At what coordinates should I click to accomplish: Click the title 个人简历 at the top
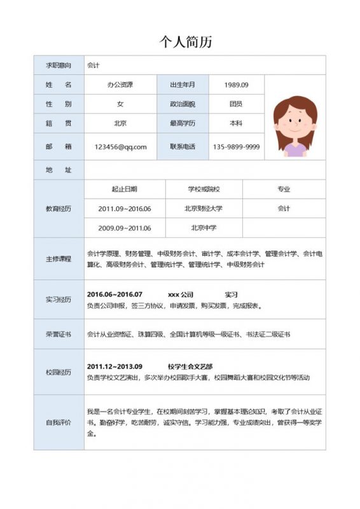pyautogui.click(x=185, y=42)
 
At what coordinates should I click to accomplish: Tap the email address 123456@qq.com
pyautogui.click(x=120, y=147)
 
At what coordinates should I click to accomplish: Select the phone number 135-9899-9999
pyautogui.click(x=236, y=147)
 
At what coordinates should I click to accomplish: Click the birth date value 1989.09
pyautogui.click(x=236, y=85)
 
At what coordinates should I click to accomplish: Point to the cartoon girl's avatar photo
pyautogui.click(x=295, y=126)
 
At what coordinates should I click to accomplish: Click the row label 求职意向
pyautogui.click(x=59, y=66)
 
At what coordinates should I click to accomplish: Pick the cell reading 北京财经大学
pyautogui.click(x=204, y=209)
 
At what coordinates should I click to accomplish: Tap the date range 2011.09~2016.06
pyautogui.click(x=125, y=209)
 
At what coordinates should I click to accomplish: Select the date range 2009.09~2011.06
pyautogui.click(x=125, y=228)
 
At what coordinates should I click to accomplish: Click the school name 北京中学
pyautogui.click(x=204, y=228)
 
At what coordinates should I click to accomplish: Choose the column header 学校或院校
pyautogui.click(x=204, y=189)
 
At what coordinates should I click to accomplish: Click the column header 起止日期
pyautogui.click(x=125, y=189)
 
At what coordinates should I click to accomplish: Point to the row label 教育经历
pyautogui.click(x=59, y=209)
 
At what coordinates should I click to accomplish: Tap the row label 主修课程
pyautogui.click(x=59, y=259)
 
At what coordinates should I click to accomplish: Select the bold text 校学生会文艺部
pyautogui.click(x=190, y=367)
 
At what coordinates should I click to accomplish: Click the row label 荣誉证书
pyautogui.click(x=59, y=334)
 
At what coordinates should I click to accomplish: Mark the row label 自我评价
pyautogui.click(x=59, y=422)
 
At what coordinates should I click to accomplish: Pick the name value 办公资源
pyautogui.click(x=120, y=85)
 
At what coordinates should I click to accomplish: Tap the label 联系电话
pyautogui.click(x=183, y=147)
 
